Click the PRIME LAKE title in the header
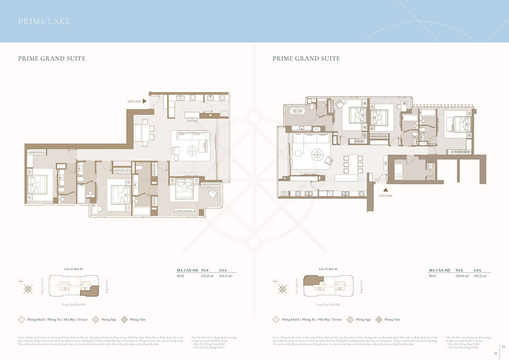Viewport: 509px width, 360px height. coord(44,21)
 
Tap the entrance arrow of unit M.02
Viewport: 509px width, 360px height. coord(145,101)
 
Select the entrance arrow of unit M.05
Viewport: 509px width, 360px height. coord(385,189)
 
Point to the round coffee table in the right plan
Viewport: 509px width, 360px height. coord(316,155)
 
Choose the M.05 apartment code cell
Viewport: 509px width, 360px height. coord(434,275)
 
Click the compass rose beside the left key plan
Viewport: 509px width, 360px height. coord(28,288)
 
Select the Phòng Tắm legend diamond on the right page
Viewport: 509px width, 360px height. coord(379,320)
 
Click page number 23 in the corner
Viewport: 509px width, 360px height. coord(503,347)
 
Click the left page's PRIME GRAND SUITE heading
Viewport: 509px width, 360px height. coord(52,59)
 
